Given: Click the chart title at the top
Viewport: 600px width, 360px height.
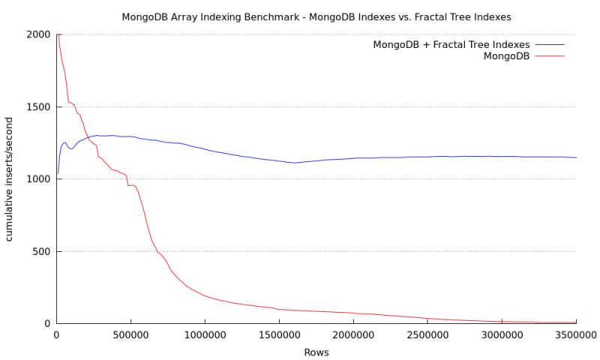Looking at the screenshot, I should [x=300, y=15].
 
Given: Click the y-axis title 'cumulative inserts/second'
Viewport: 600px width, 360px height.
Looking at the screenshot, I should [x=10, y=178].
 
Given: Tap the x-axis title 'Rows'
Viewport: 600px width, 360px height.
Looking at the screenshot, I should [x=316, y=351].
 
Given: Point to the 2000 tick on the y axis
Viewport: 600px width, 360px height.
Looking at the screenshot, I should [x=38, y=34].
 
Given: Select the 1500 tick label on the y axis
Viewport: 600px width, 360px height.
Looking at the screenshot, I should [x=38, y=106].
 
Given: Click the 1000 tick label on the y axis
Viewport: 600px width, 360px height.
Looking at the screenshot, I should [x=38, y=178].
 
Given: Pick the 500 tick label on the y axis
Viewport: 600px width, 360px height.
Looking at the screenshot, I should [x=41, y=251].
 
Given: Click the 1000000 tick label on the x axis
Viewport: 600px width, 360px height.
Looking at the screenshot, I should [x=204, y=334].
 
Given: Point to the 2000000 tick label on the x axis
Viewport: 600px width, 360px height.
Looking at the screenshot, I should [x=352, y=334].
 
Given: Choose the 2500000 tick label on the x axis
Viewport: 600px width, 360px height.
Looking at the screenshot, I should [x=427, y=334].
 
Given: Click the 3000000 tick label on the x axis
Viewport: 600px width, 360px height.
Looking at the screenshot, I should [x=501, y=334].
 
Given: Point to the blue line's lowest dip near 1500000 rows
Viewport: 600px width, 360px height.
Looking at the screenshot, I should [x=294, y=163].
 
